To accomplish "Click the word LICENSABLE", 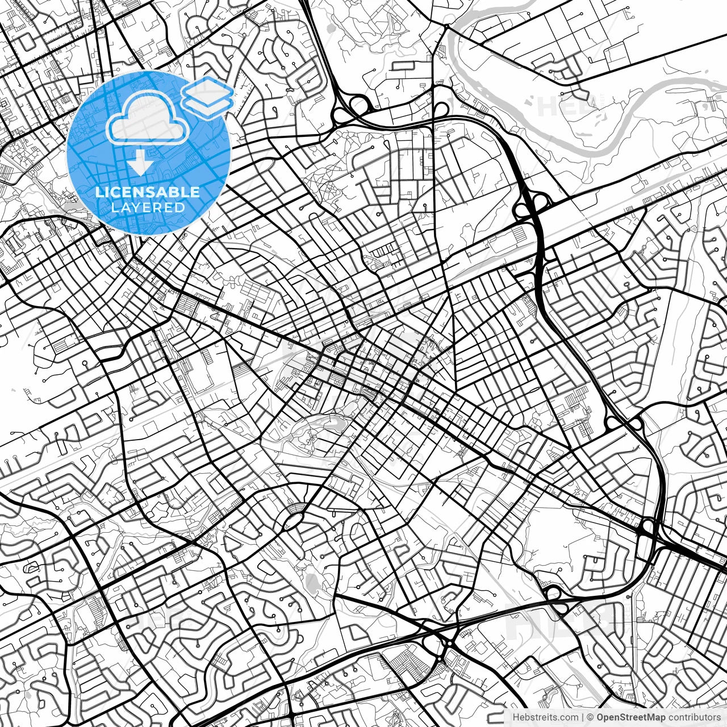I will coord(148,192).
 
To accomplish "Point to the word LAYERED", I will coord(148,207).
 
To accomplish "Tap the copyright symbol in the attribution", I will coord(591,717).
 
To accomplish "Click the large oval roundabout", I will coord(293,519).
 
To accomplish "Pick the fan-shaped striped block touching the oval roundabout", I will coord(295,507).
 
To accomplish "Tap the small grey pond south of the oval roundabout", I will coord(311,581).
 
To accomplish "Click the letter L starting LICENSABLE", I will coord(99,192).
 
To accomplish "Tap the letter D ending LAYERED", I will coord(180,207).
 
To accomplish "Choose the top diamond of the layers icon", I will coord(208,88).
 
